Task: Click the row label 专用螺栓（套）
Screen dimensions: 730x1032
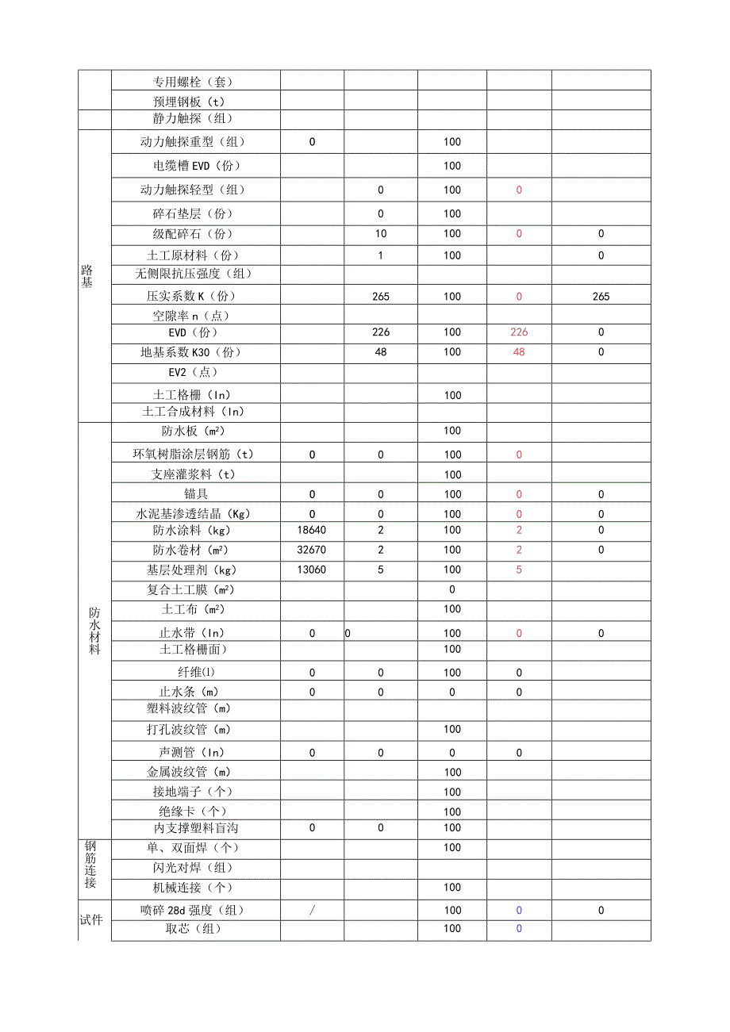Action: pos(193,81)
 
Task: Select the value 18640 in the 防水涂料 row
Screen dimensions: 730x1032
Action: pos(312,530)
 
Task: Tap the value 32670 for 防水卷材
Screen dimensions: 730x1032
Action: pos(312,550)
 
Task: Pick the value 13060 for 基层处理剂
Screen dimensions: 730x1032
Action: pos(312,570)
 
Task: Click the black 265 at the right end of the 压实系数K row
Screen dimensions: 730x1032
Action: pos(601,297)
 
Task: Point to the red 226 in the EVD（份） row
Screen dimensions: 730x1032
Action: pos(519,332)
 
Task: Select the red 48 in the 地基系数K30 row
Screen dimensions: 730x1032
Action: pos(519,352)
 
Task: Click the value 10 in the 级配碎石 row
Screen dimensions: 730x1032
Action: pos(381,234)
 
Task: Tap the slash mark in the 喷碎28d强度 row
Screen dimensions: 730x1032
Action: pos(312,911)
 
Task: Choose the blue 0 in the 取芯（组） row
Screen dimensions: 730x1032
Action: pos(519,929)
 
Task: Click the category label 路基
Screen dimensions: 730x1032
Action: pos(87,277)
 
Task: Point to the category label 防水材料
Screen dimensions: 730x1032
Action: pos(94,631)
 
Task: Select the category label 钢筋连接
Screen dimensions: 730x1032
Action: pos(90,865)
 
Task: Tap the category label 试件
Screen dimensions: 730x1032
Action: pos(91,920)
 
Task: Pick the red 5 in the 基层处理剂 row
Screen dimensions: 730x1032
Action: pos(519,570)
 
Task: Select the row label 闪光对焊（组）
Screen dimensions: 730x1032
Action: pos(193,868)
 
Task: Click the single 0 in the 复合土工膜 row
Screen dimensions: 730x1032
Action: pos(452,589)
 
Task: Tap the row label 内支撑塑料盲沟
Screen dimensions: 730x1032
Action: pos(193,827)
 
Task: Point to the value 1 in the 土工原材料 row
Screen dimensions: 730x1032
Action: pos(381,255)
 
